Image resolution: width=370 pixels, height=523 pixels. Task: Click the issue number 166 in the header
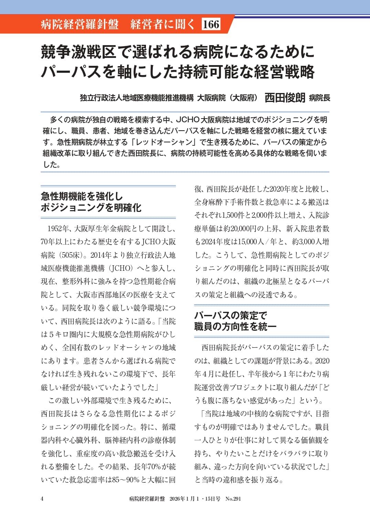[211, 24]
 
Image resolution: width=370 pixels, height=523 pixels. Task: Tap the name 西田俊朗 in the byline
[285, 98]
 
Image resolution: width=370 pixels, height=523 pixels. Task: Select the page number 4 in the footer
[42, 499]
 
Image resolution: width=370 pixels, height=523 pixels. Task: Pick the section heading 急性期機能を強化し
[82, 196]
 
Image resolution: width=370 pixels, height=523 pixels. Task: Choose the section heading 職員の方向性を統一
[235, 326]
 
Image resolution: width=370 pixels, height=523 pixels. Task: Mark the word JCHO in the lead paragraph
[188, 120]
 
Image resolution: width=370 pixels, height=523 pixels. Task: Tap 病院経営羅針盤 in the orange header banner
[80, 24]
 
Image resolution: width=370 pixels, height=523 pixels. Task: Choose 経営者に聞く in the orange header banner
[162, 24]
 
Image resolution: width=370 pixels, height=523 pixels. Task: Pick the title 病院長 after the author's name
[319, 98]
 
